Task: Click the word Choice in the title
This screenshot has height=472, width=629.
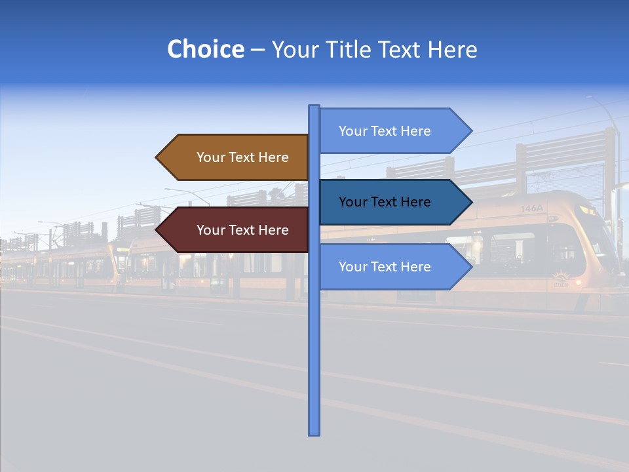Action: [205, 49]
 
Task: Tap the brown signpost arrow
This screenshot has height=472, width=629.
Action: [236, 157]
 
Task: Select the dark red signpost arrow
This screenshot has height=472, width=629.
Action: [236, 230]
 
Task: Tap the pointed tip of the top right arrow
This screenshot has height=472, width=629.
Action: [470, 131]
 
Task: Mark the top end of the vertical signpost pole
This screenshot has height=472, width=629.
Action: [314, 107]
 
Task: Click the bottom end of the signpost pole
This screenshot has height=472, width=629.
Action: [314, 433]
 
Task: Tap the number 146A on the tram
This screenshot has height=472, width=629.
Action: [532, 208]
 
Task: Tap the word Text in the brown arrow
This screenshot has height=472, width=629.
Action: [242, 157]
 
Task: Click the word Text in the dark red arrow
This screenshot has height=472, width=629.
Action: [242, 230]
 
